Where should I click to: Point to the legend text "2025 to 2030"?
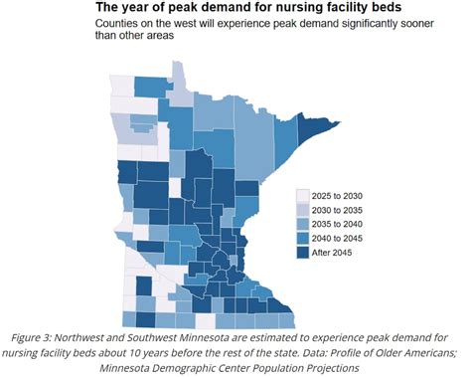[348, 197]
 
